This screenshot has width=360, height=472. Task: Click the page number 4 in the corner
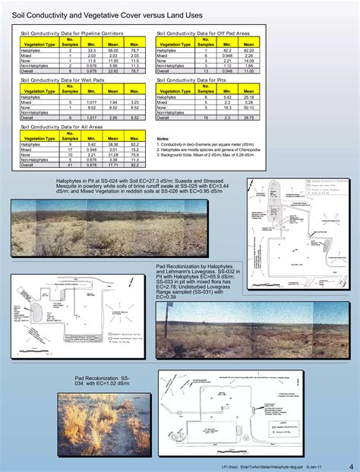click(351, 464)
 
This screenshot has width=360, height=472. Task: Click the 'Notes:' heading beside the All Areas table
click(163, 139)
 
